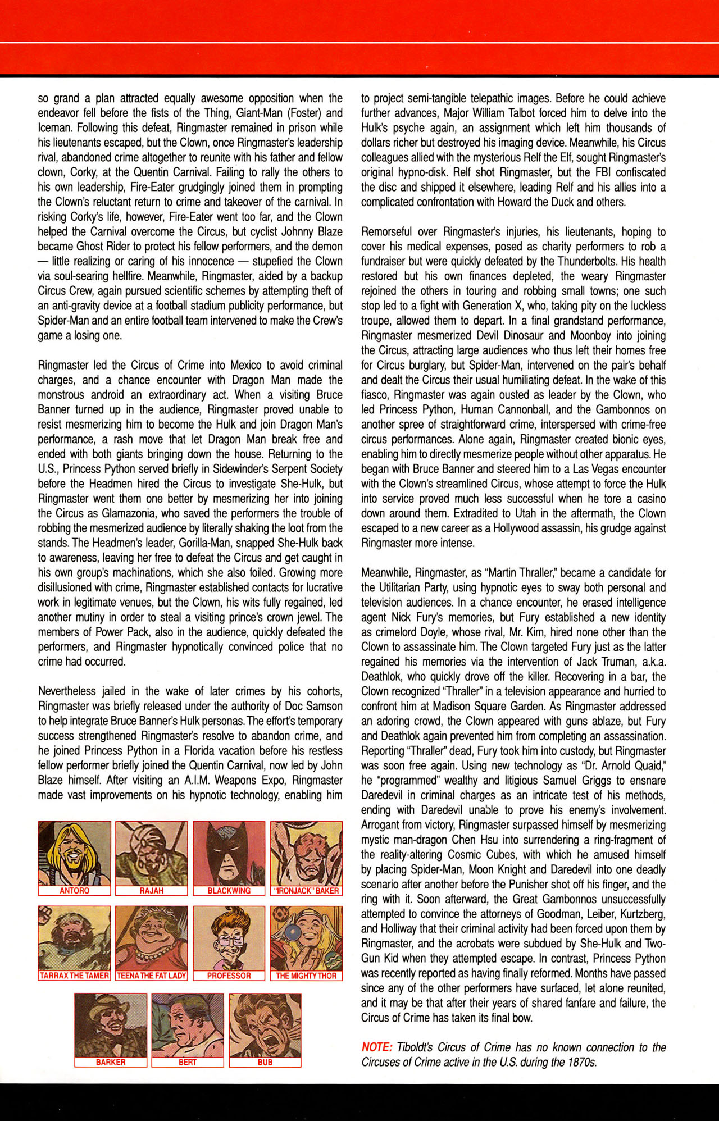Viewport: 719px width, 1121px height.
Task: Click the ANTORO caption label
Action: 74,891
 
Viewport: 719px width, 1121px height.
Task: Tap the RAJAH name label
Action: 151,891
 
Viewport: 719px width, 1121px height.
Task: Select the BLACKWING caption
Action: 229,891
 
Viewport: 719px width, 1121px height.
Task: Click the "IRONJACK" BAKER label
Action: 306,891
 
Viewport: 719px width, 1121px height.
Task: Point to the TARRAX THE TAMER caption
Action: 74,976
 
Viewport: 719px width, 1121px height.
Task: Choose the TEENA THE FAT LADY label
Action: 151,976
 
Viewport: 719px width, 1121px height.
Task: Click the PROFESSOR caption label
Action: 229,976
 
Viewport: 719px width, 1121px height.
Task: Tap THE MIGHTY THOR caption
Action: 306,976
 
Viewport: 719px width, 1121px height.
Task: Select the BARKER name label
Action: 111,1062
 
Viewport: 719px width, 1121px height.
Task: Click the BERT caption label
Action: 188,1062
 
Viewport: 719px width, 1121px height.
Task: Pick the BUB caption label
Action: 265,1062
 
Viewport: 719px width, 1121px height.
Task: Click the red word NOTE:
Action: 376,1047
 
